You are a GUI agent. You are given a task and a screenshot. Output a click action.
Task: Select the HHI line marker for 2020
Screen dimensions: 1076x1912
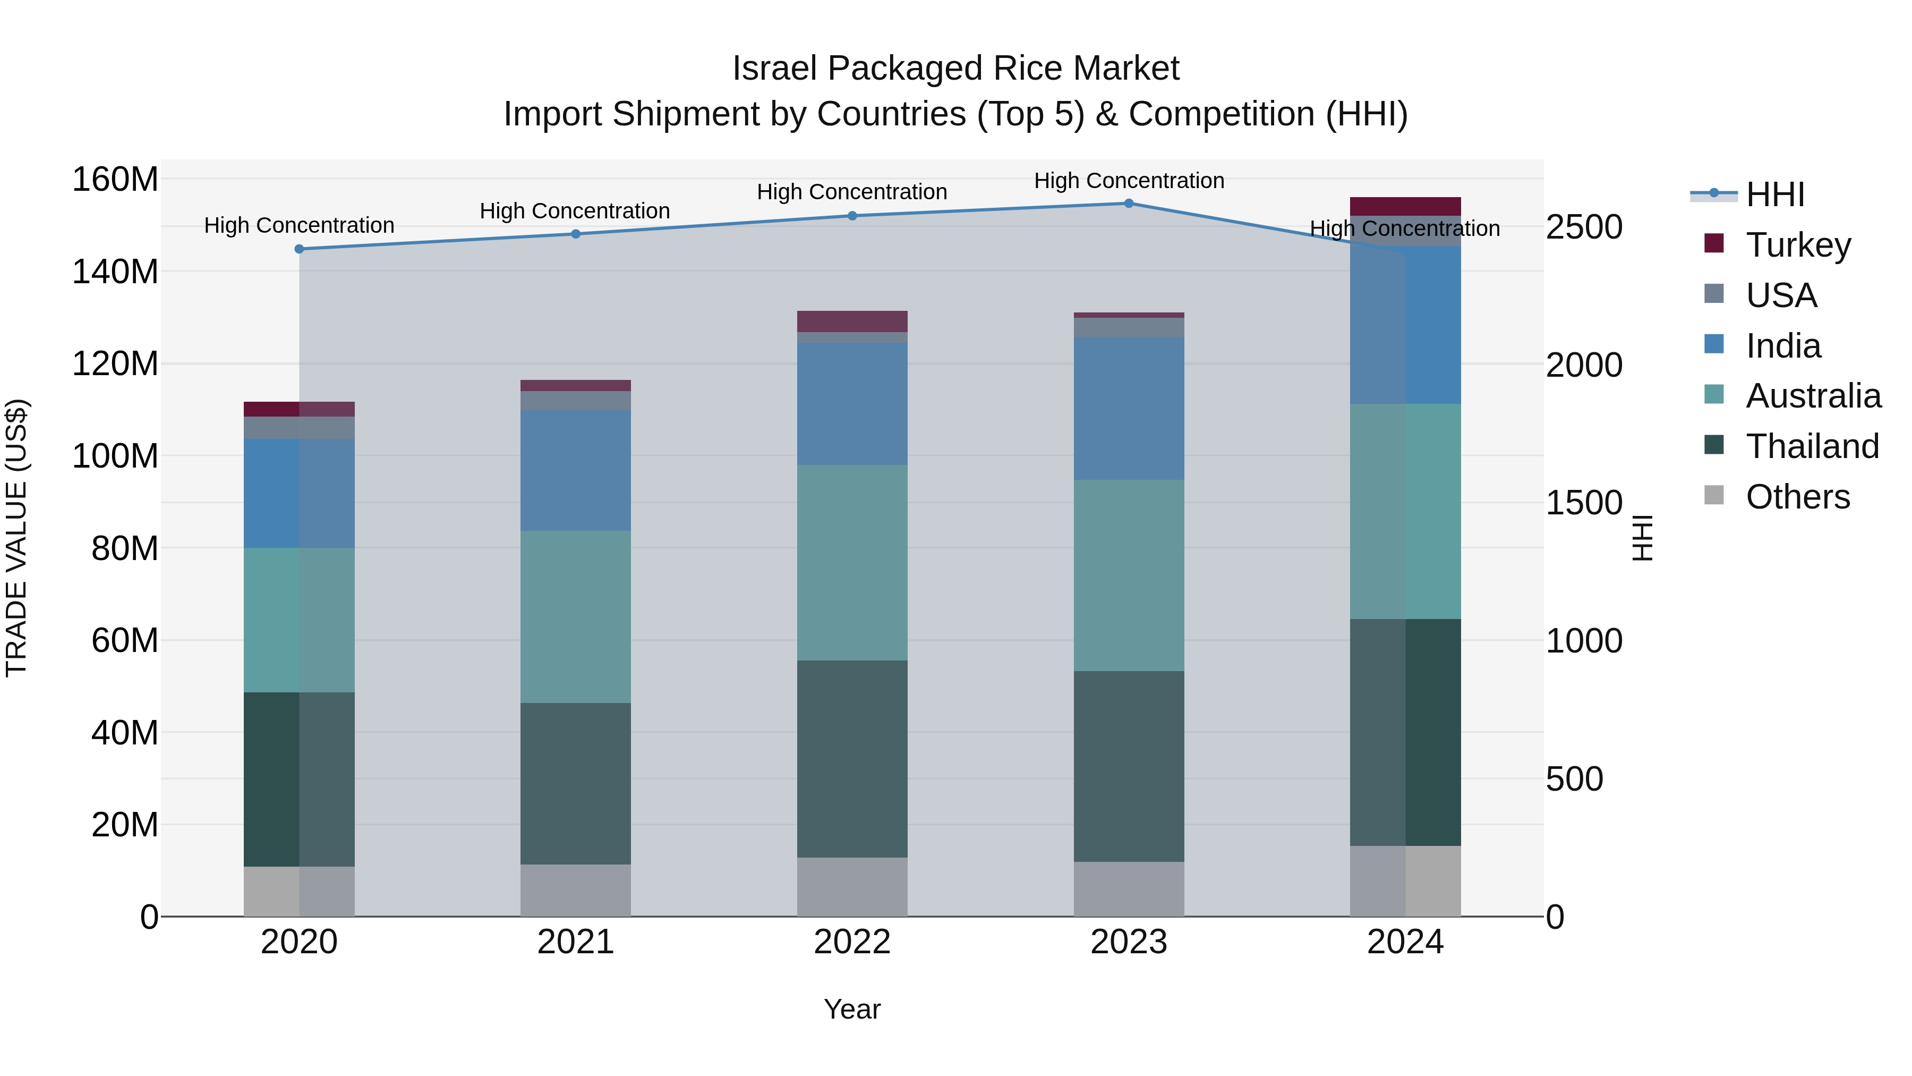(x=299, y=249)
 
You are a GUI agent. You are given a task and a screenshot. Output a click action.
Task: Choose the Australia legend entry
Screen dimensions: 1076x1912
(x=1813, y=396)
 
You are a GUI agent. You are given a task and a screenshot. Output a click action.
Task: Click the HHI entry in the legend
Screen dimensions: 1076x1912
(x=1774, y=194)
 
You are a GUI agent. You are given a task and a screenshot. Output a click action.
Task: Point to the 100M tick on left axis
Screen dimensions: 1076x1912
(x=115, y=456)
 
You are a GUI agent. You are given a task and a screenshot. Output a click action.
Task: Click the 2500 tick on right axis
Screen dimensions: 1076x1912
(x=1584, y=227)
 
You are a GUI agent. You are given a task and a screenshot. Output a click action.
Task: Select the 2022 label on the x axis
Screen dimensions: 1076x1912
(x=851, y=942)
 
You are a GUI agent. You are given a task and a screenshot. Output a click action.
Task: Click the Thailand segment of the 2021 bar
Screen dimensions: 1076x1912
(x=575, y=783)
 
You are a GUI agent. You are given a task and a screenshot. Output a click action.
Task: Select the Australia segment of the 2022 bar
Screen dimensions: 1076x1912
(x=851, y=563)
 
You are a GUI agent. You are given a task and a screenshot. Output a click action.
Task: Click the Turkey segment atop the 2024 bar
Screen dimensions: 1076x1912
(x=1404, y=207)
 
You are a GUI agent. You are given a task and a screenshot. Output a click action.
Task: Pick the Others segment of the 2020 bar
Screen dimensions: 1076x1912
(x=299, y=891)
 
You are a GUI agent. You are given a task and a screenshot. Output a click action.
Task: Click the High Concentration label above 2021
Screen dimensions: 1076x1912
(x=575, y=211)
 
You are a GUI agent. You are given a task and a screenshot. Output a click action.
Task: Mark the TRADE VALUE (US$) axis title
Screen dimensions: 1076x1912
(x=16, y=538)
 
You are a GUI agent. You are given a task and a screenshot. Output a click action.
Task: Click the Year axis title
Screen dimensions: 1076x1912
(x=851, y=1009)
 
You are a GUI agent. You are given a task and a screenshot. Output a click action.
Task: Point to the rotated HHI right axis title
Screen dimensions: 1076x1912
(x=1643, y=538)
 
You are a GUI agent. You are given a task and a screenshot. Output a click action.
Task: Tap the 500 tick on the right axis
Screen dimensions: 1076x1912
(x=1574, y=779)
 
